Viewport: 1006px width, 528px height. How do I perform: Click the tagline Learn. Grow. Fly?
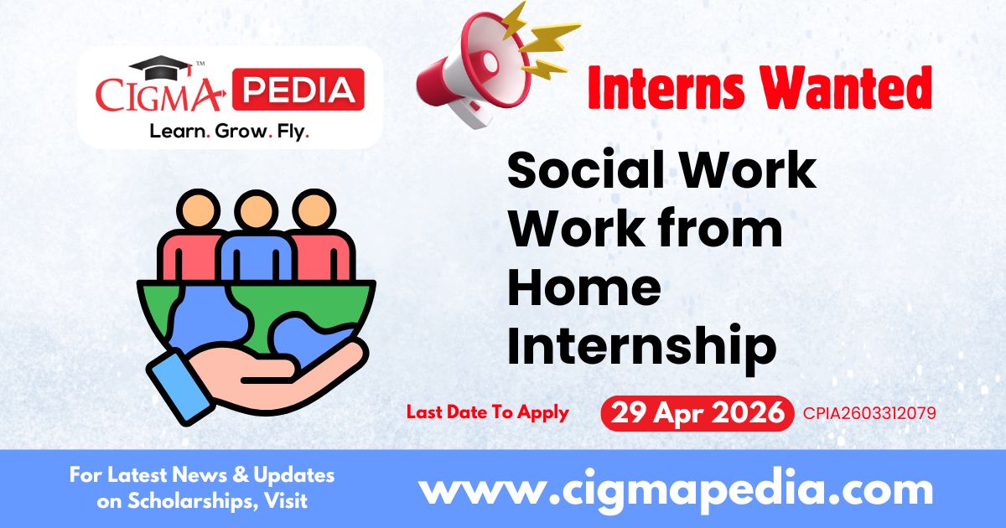[229, 132]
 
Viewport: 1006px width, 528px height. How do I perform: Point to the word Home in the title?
[584, 287]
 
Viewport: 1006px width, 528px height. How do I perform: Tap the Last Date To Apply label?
[488, 412]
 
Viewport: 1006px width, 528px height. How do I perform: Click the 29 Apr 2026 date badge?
[697, 413]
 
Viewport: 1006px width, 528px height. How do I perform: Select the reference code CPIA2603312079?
[869, 413]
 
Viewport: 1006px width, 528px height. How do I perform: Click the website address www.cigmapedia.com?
[675, 489]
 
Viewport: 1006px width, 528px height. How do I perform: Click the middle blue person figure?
[256, 243]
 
